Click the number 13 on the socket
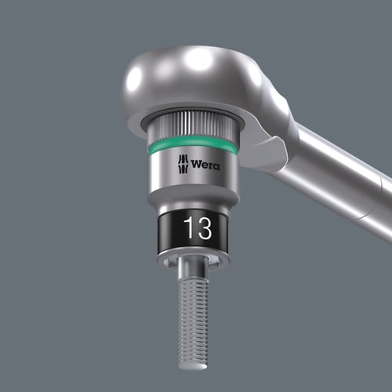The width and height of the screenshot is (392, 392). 198,228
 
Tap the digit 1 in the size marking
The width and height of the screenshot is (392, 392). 189,228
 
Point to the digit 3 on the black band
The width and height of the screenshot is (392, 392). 204,228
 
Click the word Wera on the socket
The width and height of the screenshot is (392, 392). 205,165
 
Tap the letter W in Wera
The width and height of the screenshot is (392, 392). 196,165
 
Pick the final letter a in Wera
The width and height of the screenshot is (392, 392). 216,165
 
